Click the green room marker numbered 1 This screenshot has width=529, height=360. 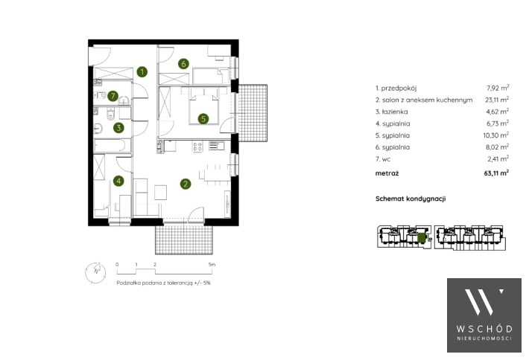point(142,71)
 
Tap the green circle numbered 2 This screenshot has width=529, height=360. point(186,184)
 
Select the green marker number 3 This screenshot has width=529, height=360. point(118,128)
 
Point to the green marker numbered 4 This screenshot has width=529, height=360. point(118,181)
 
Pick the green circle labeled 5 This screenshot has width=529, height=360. point(203,119)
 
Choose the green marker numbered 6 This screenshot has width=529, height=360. point(183,64)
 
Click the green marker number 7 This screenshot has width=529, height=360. point(113,96)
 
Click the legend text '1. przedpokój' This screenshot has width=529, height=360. point(396,89)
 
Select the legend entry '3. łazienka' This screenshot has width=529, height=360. point(391,112)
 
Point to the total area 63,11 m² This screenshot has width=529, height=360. point(496,173)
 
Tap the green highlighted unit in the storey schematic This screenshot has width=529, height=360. point(421,238)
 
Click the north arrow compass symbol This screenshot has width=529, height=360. point(95,272)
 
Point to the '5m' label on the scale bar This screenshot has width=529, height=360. point(212,265)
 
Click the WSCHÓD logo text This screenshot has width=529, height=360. point(484,329)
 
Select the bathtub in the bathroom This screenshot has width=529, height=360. point(112,146)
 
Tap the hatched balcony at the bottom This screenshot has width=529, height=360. point(184,240)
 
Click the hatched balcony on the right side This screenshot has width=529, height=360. point(253,113)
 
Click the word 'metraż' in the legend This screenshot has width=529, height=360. point(387,173)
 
